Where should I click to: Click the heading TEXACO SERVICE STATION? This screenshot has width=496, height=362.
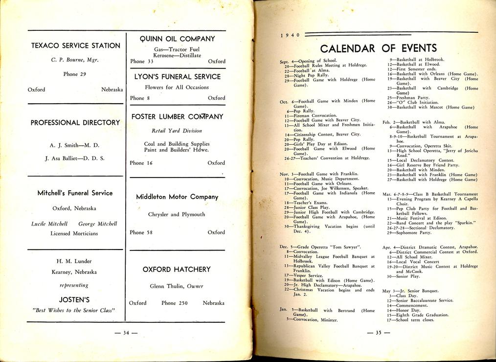76,45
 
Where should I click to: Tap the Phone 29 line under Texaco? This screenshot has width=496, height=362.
75,74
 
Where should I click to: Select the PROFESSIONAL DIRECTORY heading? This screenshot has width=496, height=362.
75,123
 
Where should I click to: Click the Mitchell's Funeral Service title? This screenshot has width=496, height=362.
75,193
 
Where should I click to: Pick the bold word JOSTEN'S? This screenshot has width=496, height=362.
74,299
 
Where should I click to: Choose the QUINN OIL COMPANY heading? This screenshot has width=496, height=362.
178,39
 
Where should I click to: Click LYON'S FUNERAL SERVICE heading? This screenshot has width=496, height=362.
178,77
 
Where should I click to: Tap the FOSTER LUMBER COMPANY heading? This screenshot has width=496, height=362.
178,117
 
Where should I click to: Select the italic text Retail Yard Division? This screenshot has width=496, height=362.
177,131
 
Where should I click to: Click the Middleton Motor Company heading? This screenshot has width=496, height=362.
177,197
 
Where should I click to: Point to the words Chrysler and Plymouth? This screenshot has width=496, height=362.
177,215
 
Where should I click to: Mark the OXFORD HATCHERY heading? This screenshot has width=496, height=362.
177,270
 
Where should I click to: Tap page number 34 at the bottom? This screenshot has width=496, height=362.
126,334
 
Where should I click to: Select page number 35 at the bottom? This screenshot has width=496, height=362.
378,334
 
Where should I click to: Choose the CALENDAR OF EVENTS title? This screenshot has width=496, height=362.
378,48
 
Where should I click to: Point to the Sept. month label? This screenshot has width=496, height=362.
285,62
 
